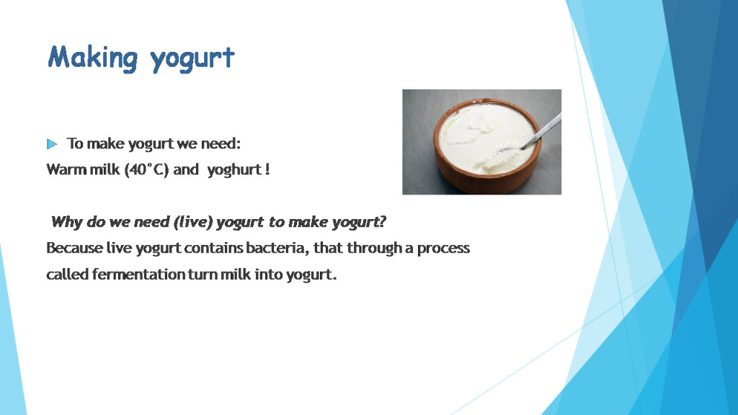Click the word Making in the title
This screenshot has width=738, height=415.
[93, 58]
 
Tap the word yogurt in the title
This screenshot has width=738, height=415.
[192, 59]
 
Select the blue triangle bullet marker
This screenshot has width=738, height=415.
[52, 144]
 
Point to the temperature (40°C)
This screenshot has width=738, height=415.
[146, 169]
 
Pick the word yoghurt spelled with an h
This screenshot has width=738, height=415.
[234, 170]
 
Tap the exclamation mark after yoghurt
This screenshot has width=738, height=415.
[267, 169]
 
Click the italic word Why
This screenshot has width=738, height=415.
[66, 222]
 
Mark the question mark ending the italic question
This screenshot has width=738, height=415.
[382, 221]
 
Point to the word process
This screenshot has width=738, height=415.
[443, 249]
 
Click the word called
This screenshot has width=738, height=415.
[67, 274]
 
